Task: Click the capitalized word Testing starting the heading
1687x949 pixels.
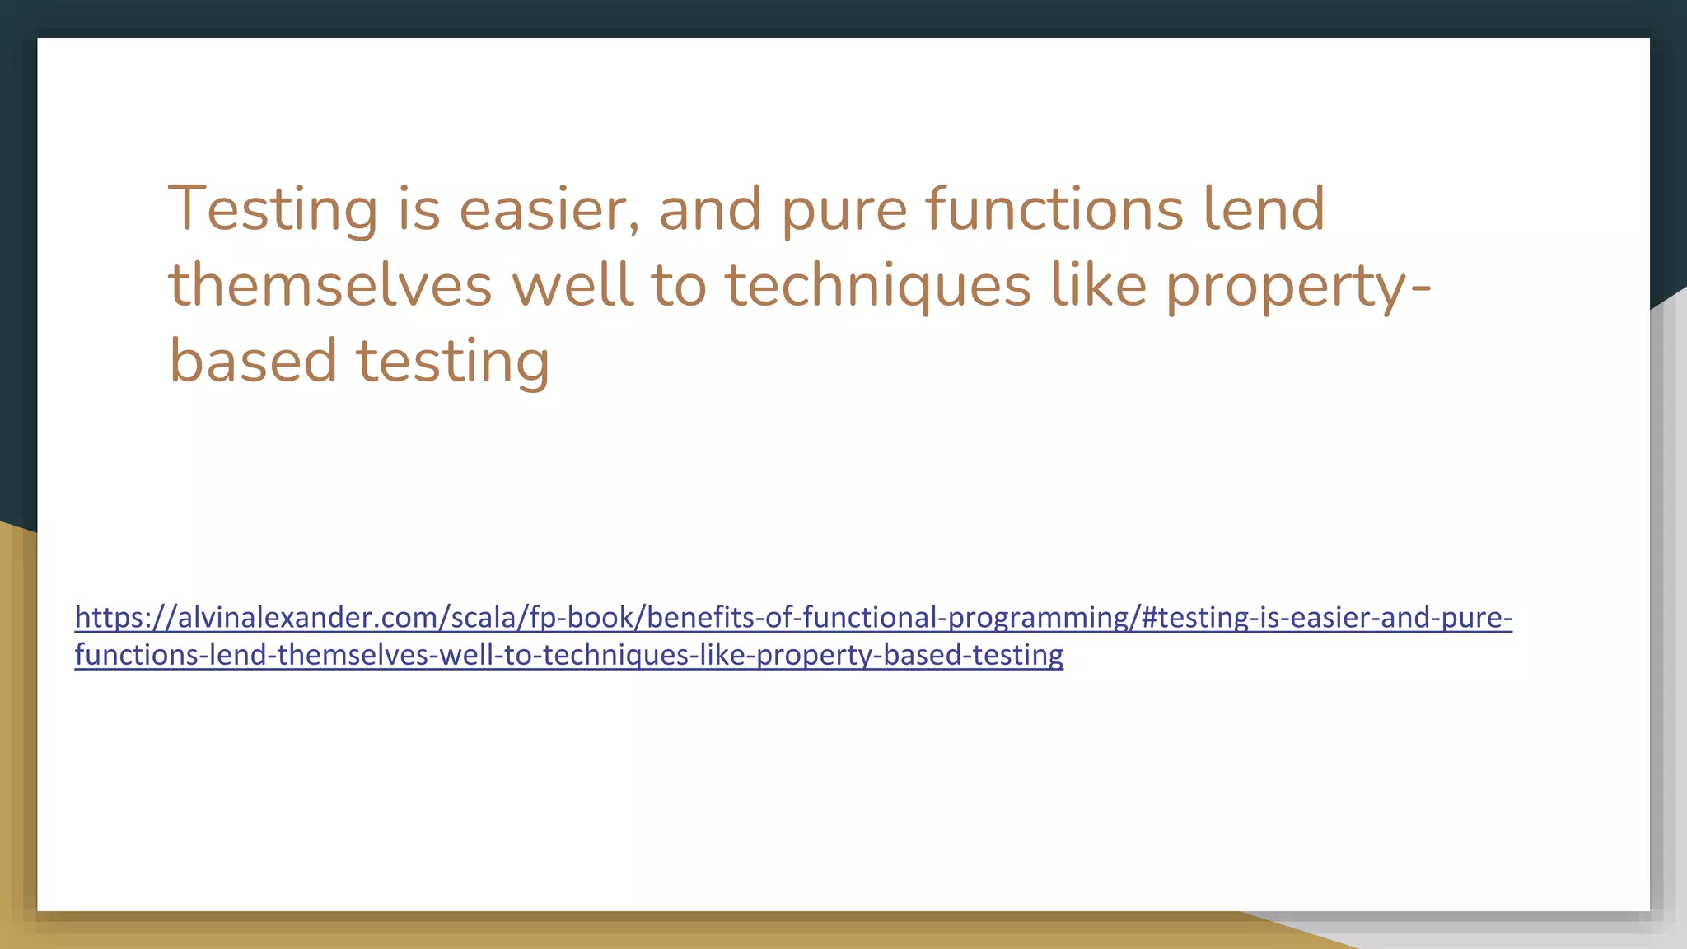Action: point(273,209)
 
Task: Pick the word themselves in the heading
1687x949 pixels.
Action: point(330,285)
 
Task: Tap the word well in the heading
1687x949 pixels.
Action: point(572,285)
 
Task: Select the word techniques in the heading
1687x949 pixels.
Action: point(877,285)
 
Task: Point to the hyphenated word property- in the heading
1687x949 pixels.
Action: point(1298,285)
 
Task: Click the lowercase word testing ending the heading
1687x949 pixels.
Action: point(452,361)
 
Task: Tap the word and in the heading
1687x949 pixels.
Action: point(709,209)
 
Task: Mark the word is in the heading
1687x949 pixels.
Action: point(419,209)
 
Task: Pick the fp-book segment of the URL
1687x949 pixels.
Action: point(581,617)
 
